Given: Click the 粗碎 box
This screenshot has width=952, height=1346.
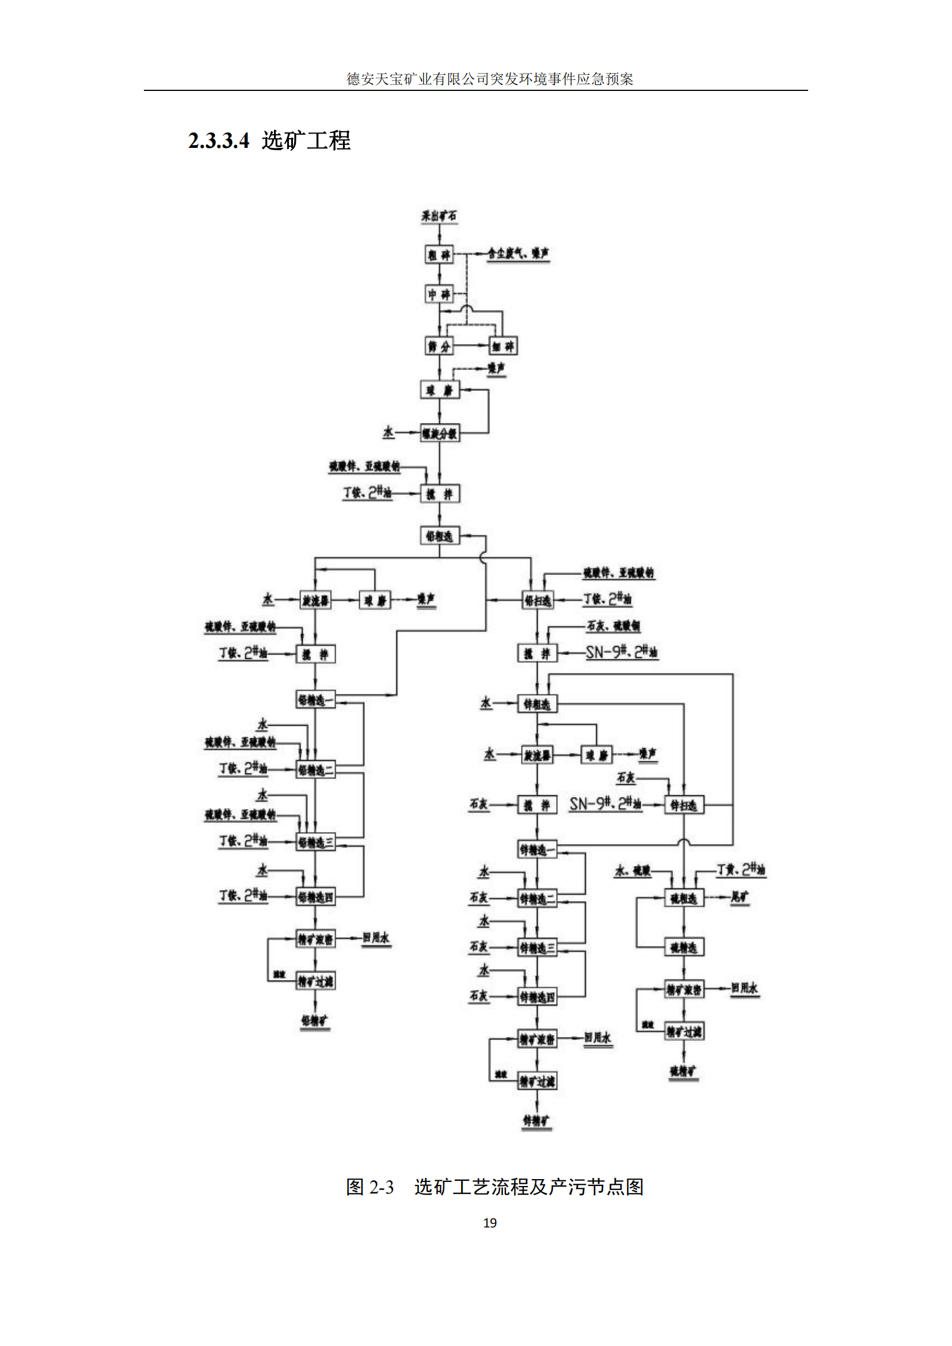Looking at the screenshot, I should click(x=439, y=254).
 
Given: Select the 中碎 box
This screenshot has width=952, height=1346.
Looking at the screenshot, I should click(x=439, y=293).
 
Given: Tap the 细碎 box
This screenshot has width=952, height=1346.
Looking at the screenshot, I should click(x=503, y=346).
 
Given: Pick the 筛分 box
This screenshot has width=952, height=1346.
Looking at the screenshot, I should click(x=439, y=346).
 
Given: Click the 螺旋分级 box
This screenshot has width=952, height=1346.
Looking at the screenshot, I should click(x=440, y=433).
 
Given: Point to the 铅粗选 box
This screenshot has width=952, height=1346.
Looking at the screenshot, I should click(x=440, y=536).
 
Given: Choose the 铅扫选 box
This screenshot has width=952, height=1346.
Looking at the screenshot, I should click(x=538, y=600).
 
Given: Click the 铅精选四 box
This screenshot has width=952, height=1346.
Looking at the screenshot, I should click(x=315, y=897).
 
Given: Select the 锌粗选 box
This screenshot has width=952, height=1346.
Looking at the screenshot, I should click(x=537, y=703).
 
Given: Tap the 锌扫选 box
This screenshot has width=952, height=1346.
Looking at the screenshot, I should click(x=684, y=805).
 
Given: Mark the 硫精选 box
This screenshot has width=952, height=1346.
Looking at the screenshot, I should click(x=684, y=947).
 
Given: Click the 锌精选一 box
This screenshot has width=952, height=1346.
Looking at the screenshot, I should click(x=537, y=849).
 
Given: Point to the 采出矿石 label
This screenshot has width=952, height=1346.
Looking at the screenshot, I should click(x=439, y=216).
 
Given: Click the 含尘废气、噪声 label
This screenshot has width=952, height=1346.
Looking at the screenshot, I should click(x=518, y=253).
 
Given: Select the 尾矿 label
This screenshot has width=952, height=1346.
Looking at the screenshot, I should click(x=740, y=897).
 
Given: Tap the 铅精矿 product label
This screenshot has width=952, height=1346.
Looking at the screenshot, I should click(x=315, y=1021).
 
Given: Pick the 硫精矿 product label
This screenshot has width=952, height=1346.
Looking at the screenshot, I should click(x=683, y=1071).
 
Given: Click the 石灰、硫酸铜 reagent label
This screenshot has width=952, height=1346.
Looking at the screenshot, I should click(x=613, y=626).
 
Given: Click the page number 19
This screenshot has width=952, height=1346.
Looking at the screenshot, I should click(x=489, y=1222).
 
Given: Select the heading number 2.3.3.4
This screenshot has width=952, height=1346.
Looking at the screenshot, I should click(x=219, y=140).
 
